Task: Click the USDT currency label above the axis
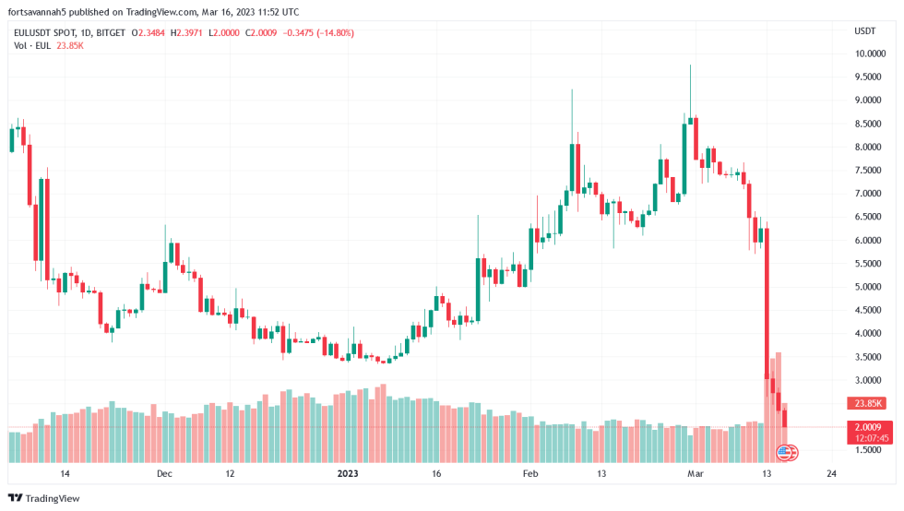click(x=865, y=30)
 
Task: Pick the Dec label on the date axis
click(x=164, y=474)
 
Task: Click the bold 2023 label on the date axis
click(x=347, y=474)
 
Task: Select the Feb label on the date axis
click(x=529, y=474)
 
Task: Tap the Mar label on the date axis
click(x=696, y=474)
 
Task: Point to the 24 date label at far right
click(x=832, y=474)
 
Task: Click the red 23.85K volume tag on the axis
click(x=868, y=403)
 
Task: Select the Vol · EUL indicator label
click(x=30, y=46)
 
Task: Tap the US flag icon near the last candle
click(x=785, y=452)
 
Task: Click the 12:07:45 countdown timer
click(x=870, y=438)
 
